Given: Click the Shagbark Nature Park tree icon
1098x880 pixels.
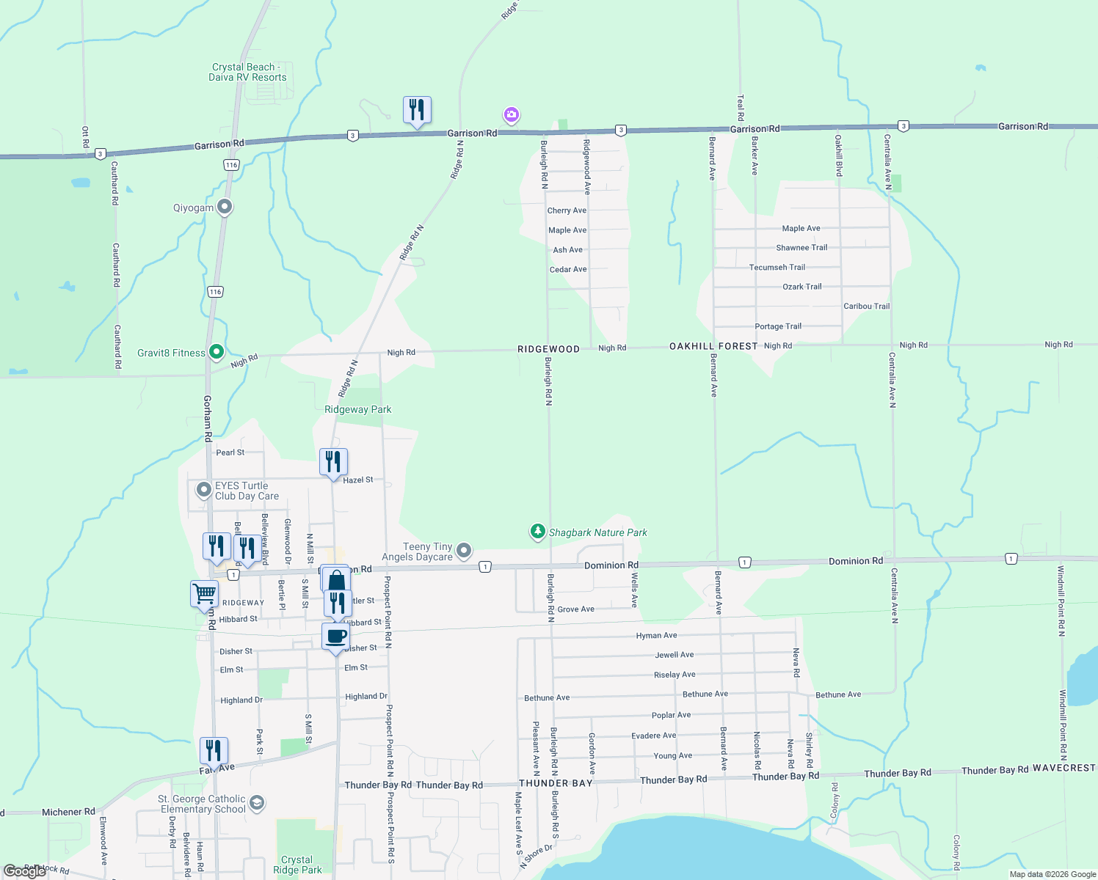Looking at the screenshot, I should pos(538,532).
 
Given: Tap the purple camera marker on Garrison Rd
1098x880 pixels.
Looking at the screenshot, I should pos(512,114).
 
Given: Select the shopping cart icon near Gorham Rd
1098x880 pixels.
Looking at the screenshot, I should pos(204,593).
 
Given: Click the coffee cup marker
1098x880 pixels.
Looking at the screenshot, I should pos(336,636).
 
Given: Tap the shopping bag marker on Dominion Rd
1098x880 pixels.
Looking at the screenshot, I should pos(335,581).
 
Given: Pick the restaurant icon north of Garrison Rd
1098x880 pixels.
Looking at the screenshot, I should pos(417,110).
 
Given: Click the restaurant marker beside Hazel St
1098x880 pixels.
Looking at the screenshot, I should pos(333,462).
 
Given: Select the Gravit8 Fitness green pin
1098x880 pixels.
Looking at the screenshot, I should pos(217,353).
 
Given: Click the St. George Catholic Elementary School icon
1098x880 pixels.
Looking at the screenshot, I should pos(257,803).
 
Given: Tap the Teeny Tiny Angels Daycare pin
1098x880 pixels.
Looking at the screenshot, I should pos(464,550).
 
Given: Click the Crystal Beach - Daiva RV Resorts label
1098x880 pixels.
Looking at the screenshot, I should pos(247,72).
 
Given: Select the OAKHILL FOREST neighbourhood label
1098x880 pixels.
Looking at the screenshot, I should pos(713,346).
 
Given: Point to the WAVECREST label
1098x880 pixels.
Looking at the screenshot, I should pos(1064,768).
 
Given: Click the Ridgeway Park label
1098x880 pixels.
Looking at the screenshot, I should pos(358,409).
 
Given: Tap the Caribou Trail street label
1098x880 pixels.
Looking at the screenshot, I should pos(866,307).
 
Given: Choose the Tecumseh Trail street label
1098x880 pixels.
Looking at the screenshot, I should pos(777,268).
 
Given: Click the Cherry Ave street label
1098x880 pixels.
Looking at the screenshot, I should pos(567,210).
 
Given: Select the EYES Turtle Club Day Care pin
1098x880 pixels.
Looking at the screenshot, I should pos(204,489).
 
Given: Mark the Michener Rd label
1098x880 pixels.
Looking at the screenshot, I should pos(68,812).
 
